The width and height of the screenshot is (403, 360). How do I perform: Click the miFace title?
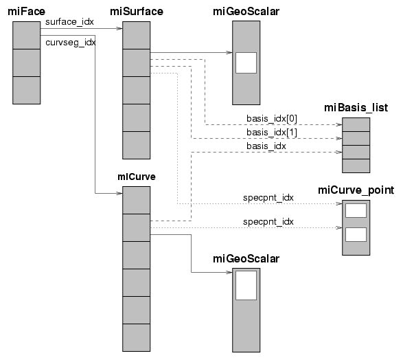26,12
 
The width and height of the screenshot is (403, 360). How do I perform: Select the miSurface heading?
137,12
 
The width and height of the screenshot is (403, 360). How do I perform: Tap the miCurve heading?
137,177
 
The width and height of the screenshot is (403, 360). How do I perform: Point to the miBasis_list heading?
356,108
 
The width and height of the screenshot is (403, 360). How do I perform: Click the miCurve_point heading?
356,190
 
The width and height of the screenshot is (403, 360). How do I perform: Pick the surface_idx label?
69,22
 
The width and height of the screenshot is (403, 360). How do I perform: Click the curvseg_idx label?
71,43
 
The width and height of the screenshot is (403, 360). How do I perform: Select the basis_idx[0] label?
272,119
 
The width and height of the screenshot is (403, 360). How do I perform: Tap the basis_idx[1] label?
272,133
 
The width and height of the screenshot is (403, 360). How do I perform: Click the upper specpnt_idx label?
268,198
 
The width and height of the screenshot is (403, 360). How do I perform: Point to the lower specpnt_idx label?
268,222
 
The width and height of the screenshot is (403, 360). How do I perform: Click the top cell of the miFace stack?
27,35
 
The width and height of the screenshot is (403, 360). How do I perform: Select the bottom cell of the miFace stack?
27,90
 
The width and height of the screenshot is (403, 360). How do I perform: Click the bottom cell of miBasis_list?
356,166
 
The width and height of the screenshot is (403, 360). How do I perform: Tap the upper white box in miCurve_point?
356,211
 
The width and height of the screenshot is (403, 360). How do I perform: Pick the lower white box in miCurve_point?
356,234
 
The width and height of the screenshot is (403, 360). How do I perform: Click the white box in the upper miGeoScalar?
246,63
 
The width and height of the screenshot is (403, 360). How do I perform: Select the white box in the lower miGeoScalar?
246,285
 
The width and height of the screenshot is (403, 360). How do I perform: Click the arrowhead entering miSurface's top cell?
119,29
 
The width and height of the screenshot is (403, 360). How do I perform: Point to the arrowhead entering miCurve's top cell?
119,193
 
